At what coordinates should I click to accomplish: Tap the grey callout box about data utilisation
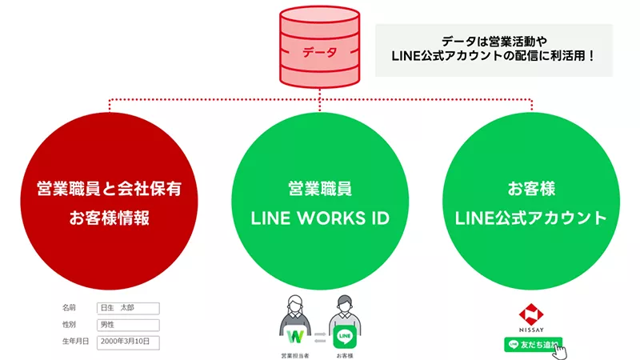tap(494, 50)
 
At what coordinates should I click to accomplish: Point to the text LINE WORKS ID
tap(320, 218)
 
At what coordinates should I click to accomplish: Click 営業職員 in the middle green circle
tap(320, 190)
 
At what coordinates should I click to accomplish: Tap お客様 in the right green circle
tap(531, 190)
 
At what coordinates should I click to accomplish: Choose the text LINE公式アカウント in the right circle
tap(531, 218)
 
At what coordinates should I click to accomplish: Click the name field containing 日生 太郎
tap(127, 308)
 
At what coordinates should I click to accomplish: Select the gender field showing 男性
tap(127, 325)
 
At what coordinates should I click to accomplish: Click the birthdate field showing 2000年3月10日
tap(127, 342)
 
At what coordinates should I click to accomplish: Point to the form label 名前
tap(70, 308)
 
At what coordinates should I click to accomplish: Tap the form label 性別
tap(70, 325)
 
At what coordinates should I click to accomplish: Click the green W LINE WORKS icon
tap(294, 333)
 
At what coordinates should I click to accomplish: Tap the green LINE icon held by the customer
tap(345, 334)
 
